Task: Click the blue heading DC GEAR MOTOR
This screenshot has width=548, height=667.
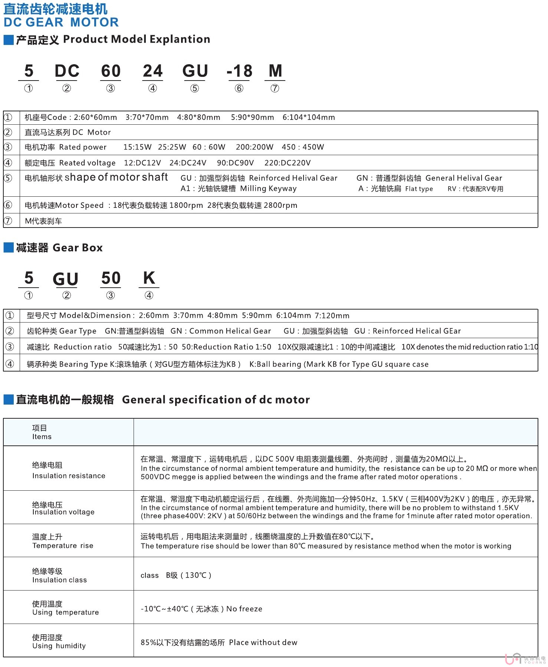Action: click(x=61, y=22)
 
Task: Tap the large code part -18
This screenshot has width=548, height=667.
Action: click(x=239, y=71)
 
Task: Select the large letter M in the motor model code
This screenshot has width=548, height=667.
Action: click(x=275, y=71)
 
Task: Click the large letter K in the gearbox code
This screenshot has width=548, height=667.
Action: click(x=149, y=278)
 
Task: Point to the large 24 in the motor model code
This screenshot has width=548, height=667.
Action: click(x=152, y=71)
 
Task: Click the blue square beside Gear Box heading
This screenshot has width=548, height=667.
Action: click(x=9, y=248)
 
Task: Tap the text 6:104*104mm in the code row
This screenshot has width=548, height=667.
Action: click(x=309, y=118)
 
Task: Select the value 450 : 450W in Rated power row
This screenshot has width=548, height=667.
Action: click(x=303, y=147)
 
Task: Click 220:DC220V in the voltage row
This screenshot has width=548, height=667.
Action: click(x=288, y=163)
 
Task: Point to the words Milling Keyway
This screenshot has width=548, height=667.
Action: click(x=268, y=189)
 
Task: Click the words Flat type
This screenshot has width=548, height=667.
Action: click(x=419, y=189)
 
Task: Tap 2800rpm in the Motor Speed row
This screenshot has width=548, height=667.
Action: click(x=282, y=206)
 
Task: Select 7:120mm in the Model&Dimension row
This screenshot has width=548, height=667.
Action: click(x=332, y=316)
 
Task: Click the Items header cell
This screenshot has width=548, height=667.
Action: click(x=42, y=432)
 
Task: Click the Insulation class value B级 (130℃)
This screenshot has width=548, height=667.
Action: click(x=188, y=576)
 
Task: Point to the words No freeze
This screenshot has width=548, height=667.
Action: click(x=244, y=609)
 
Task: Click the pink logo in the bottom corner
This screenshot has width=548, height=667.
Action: click(x=513, y=659)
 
